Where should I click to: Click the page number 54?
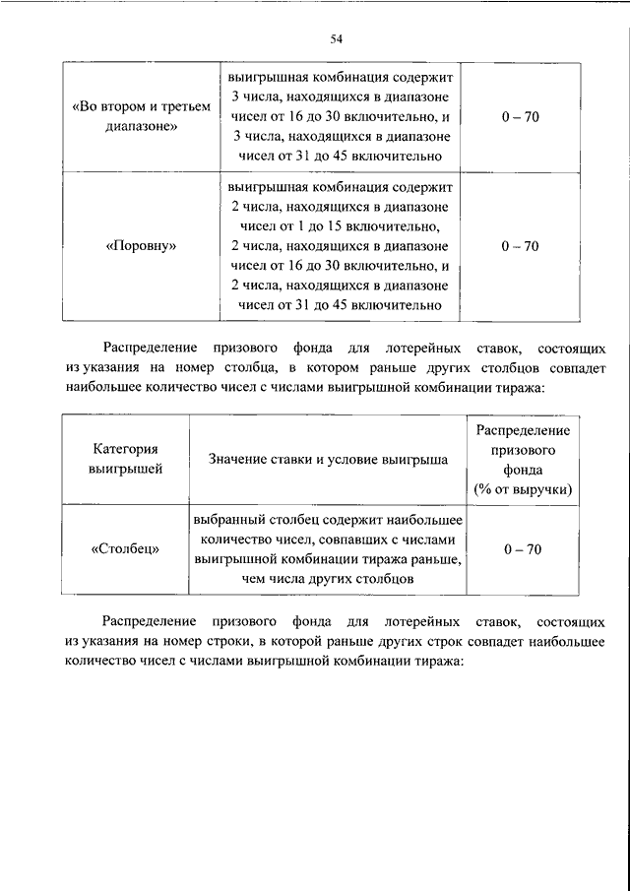336,38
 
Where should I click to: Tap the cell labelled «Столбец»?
126,548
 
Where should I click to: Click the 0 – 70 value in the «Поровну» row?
519,247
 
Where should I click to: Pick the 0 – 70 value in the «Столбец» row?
519,548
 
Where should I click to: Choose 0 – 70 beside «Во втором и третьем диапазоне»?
519,116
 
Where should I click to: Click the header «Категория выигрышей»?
126,459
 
